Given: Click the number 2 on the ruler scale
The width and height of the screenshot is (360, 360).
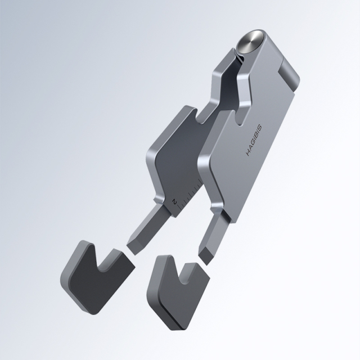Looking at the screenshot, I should pyautogui.click(x=175, y=200).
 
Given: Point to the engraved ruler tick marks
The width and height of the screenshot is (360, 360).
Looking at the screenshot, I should pyautogui.click(x=189, y=191).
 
